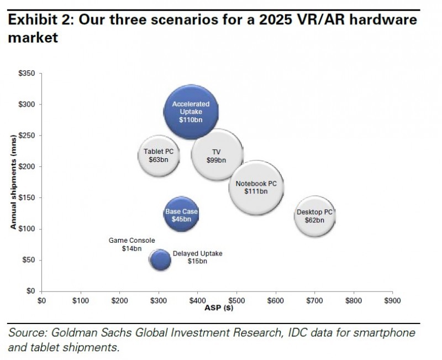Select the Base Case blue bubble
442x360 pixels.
[182, 216]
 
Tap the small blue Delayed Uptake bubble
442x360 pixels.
[161, 259]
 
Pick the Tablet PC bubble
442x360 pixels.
[159, 155]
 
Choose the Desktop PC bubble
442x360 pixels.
[314, 216]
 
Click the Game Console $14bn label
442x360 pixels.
[131, 244]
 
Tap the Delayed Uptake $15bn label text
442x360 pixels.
[197, 257]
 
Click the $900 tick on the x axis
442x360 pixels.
[392, 301]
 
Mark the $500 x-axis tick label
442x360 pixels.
[236, 301]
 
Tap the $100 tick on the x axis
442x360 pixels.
[81, 301]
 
